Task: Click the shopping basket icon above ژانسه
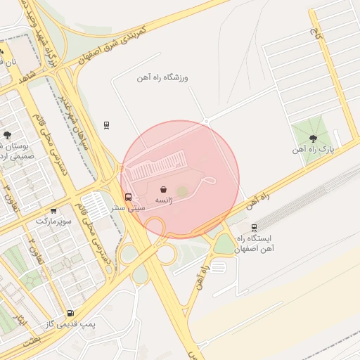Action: pyautogui.click(x=163, y=189)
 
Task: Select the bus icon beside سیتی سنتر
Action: pyautogui.click(x=128, y=198)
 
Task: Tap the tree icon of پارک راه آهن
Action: pyautogui.click(x=313, y=139)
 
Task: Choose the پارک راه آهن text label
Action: pyautogui.click(x=313, y=150)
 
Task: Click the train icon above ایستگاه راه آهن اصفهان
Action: pyautogui.click(x=254, y=227)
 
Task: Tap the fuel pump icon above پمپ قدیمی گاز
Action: pyautogui.click(x=70, y=313)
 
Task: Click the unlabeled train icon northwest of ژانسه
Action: pyautogui.click(x=106, y=125)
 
